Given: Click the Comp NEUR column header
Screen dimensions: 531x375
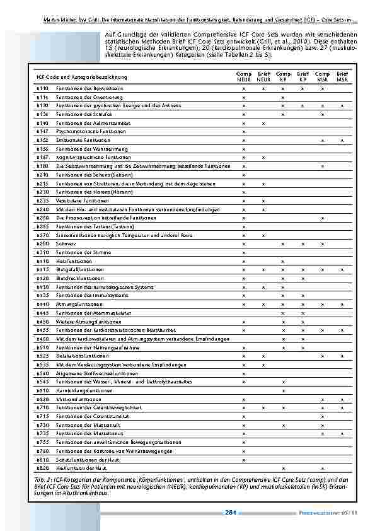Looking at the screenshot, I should pos(244,77).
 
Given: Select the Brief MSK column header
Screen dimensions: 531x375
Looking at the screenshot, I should pos(342,77).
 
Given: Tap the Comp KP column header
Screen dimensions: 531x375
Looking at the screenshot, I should pos(283,77).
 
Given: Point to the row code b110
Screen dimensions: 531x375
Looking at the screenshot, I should pos(42,88).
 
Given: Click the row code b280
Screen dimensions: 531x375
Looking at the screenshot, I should pos(42,243).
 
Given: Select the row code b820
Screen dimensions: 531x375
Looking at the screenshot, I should pos(42,468).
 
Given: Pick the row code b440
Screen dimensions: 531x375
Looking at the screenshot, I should pos(42,304).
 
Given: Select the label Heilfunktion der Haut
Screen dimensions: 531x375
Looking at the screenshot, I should pos(79,468).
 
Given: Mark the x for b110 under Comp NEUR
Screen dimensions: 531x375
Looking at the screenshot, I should pos(244,88).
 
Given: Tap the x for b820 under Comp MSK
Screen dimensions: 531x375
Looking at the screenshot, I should pos(323,468).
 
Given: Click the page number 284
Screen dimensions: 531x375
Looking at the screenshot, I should pos(230,512).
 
